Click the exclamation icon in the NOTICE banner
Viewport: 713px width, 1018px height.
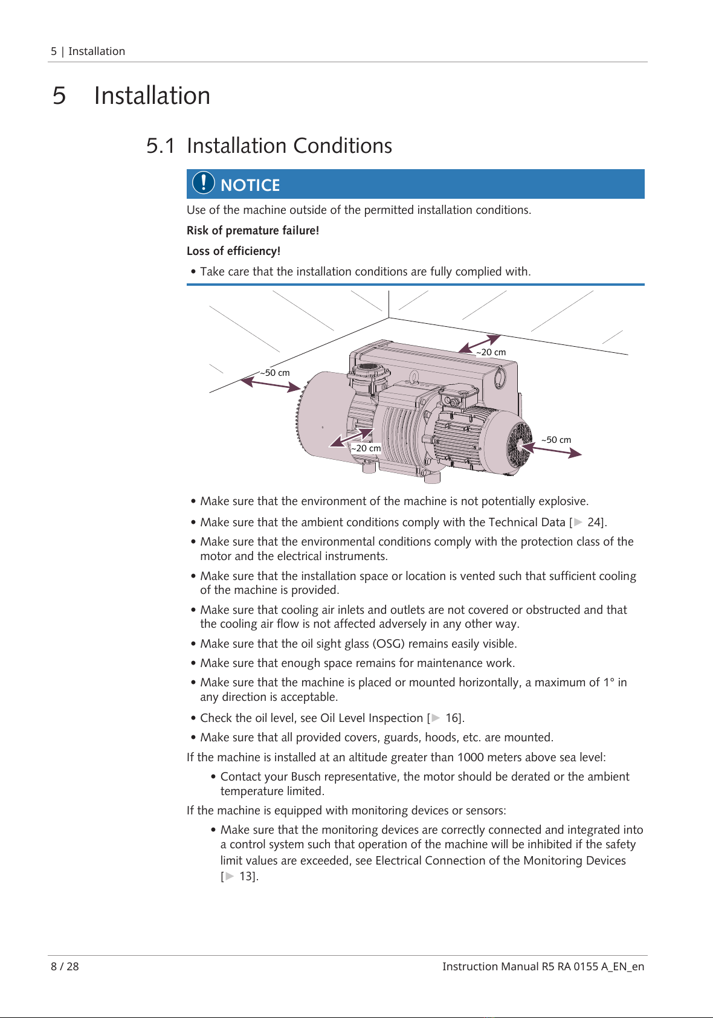tap(203, 183)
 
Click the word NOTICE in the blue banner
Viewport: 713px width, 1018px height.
tap(250, 185)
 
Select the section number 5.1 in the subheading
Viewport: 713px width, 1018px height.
tap(160, 146)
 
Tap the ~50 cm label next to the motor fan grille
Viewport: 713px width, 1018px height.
tap(557, 440)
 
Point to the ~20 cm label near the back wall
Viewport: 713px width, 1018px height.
tap(491, 352)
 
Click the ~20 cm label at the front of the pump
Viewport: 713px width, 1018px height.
tap(366, 448)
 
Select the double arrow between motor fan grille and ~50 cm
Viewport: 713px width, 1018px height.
tap(551, 450)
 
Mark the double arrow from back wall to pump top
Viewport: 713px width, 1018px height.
tap(479, 344)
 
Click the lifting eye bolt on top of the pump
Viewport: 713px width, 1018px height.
tap(413, 377)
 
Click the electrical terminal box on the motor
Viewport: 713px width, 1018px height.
tap(458, 396)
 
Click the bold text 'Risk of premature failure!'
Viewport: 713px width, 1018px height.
tap(253, 231)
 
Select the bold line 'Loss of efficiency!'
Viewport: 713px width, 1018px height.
tap(234, 251)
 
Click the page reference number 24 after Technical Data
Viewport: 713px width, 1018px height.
tap(594, 522)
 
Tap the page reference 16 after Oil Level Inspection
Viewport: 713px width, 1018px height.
tap(452, 718)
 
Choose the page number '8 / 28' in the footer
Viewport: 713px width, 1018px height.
tap(65, 967)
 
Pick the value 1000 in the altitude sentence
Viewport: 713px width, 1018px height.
tap(470, 758)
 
